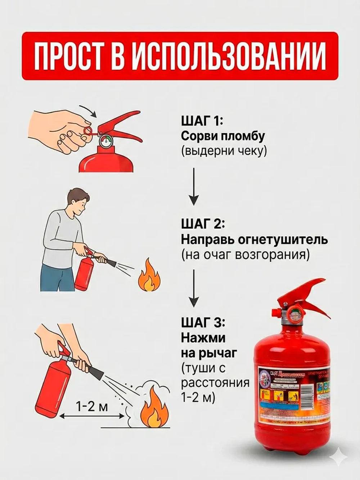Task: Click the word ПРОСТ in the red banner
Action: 75,56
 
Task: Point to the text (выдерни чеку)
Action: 224,151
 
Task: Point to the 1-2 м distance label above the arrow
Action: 92,407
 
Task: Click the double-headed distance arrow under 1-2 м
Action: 92,416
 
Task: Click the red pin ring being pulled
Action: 87,131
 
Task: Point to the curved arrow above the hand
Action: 88,111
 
